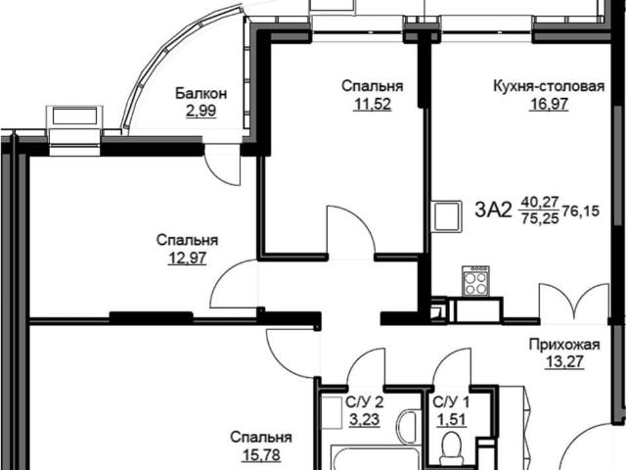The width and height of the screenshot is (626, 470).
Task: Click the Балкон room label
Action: pyautogui.click(x=201, y=94)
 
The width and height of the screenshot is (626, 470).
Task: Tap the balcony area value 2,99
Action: pyautogui.click(x=201, y=111)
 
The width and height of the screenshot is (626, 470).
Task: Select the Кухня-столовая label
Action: pyautogui.click(x=549, y=86)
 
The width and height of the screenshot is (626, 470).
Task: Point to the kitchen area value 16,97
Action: pyautogui.click(x=549, y=104)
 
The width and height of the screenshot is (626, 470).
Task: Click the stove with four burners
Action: pyautogui.click(x=476, y=281)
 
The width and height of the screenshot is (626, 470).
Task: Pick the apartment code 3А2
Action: pyautogui.click(x=493, y=210)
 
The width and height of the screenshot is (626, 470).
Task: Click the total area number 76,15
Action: pyautogui.click(x=581, y=211)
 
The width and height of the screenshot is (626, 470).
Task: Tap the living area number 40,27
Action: pyautogui.click(x=539, y=202)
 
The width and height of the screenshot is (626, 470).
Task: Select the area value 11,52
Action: pyautogui.click(x=373, y=104)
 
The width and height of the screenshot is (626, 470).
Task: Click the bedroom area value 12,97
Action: pyautogui.click(x=187, y=258)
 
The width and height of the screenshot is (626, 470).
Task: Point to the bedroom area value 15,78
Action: pyautogui.click(x=261, y=454)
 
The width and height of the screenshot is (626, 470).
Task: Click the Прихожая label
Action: pyautogui.click(x=564, y=344)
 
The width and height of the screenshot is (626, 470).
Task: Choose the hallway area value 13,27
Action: pyautogui.click(x=564, y=361)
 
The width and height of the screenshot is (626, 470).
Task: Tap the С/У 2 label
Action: pyautogui.click(x=365, y=402)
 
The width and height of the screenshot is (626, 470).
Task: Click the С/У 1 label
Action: pyautogui.click(x=452, y=402)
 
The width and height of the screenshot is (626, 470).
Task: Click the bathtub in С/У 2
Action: pyautogui.click(x=378, y=459)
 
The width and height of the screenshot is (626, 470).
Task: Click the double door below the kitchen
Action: pyautogui.click(x=574, y=302)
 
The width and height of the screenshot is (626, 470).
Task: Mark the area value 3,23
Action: pyautogui.click(x=365, y=420)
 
